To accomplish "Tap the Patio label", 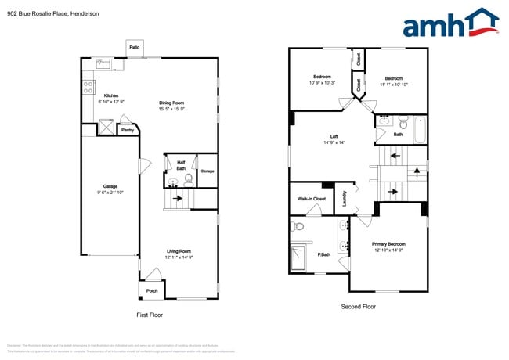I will click(134, 48).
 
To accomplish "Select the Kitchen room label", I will click(111, 95).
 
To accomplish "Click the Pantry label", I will click(126, 130).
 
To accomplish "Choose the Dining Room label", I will click(171, 103).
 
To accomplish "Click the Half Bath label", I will click(180, 165).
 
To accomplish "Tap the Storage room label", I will click(207, 171).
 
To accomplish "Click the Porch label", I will click(152, 291).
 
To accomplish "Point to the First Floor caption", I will click(150, 314).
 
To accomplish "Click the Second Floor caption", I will click(358, 306).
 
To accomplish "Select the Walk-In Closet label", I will click(312, 199).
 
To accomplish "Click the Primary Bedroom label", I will click(388, 244).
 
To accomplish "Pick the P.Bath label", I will click(323, 254).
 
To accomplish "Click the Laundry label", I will click(345, 200).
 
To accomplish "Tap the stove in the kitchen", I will click(89, 86).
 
